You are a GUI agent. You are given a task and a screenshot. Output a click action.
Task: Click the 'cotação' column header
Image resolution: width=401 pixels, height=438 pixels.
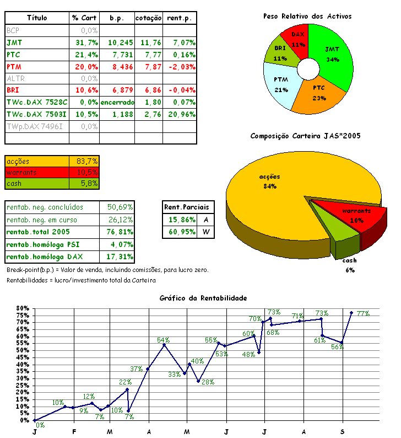149,18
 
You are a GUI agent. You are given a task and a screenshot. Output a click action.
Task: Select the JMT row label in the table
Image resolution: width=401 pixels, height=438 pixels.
14,42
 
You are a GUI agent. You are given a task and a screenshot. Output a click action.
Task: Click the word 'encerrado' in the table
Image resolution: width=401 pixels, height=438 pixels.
117,103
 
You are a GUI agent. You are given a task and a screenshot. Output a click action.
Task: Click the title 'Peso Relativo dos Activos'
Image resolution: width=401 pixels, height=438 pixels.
307,16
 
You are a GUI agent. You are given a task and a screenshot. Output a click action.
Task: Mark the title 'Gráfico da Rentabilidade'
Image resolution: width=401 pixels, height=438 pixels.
203,298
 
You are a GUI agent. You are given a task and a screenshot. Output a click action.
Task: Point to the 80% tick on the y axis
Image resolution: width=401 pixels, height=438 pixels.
22,308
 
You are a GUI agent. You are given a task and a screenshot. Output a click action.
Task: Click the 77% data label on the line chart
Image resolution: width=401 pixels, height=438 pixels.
363,313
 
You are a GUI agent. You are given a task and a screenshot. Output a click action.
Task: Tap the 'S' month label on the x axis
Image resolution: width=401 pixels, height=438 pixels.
343,430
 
